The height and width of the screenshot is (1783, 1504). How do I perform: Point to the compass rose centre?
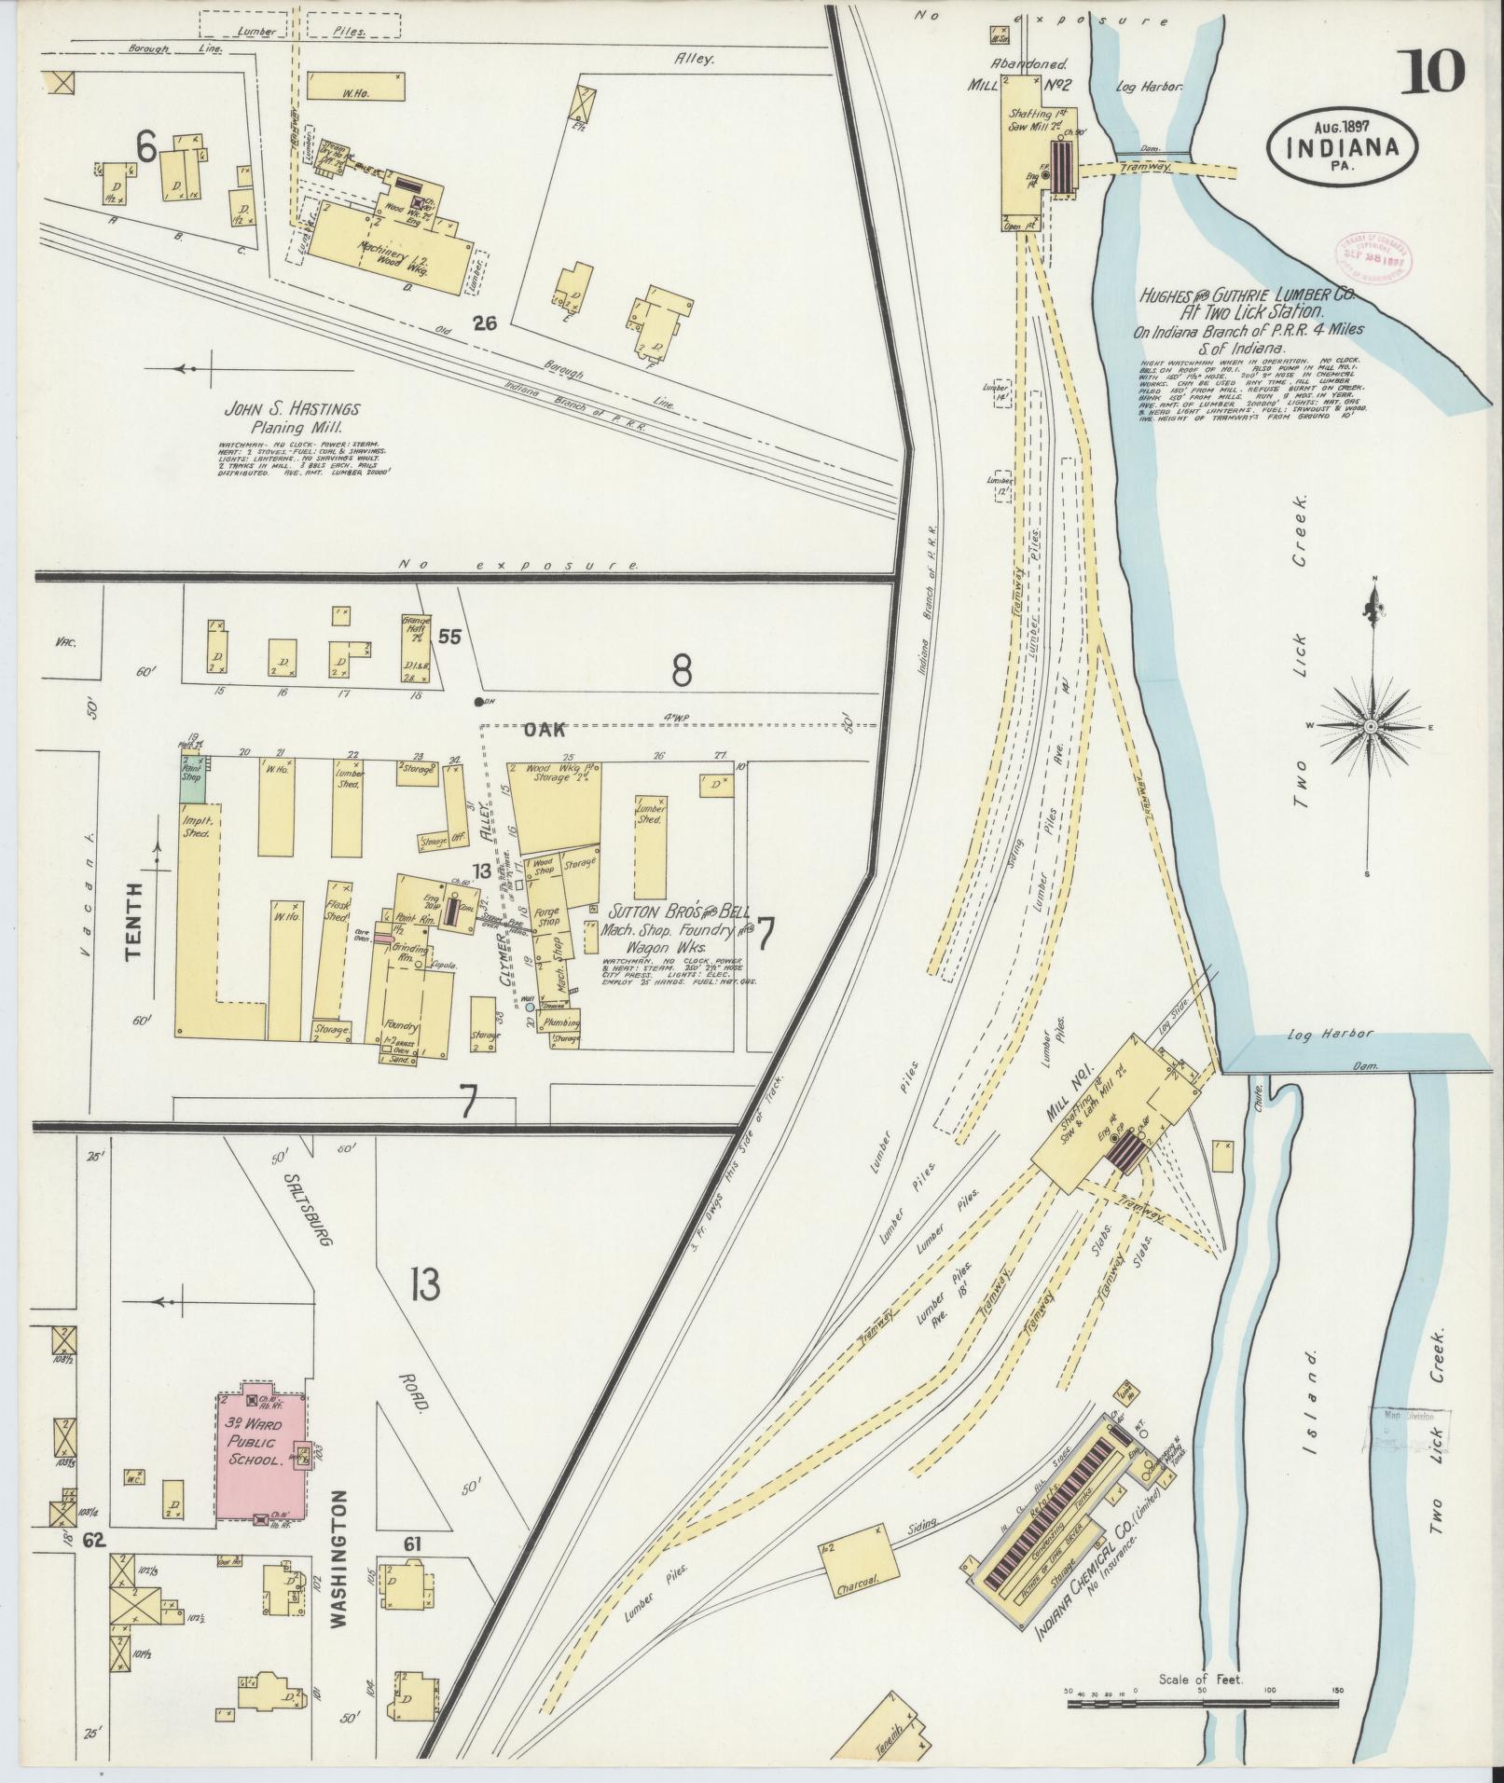(1372, 726)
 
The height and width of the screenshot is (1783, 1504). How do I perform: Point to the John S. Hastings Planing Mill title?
(291, 418)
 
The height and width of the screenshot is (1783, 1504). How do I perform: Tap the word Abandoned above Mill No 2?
(1033, 66)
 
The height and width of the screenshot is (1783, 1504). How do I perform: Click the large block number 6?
(145, 145)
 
